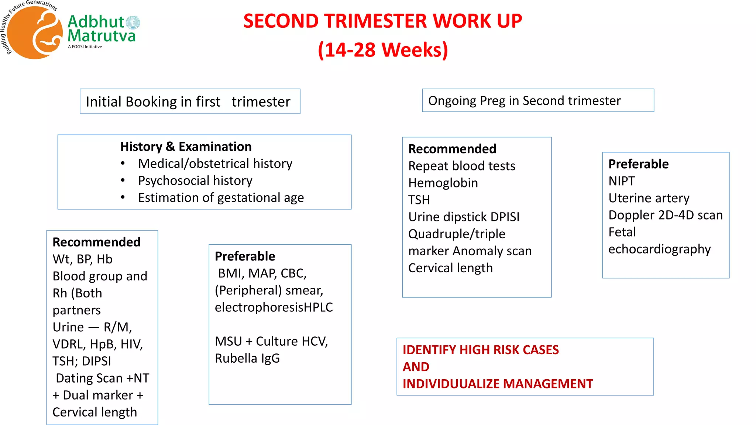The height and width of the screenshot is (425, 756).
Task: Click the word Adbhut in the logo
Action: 96,22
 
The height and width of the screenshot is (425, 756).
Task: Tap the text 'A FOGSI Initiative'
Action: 85,47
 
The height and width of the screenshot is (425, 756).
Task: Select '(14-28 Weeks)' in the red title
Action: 383,50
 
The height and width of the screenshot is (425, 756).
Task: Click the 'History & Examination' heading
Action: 186,147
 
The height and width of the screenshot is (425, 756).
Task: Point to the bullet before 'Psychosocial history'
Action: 123,181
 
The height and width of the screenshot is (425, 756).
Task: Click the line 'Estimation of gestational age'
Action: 221,198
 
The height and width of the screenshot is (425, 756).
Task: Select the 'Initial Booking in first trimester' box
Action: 190,101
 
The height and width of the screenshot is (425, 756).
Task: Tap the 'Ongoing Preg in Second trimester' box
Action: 537,101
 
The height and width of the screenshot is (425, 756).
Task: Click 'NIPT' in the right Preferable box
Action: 622,181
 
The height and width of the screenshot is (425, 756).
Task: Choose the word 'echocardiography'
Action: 659,249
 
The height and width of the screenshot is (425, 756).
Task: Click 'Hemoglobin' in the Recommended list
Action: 443,183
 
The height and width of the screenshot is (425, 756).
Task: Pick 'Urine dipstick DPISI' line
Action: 464,217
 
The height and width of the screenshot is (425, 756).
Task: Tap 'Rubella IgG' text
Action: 247,358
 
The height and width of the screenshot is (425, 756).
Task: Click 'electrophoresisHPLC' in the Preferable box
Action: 274,307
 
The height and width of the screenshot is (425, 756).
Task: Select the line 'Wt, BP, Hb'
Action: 82,259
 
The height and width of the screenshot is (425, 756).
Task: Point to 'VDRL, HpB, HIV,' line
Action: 97,344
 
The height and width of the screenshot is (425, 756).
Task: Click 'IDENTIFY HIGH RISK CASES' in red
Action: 481,350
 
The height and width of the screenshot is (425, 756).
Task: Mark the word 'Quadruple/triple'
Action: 457,234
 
